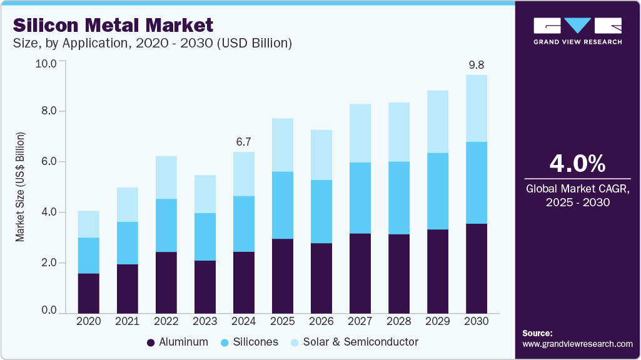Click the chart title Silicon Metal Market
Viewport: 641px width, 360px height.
(x=113, y=25)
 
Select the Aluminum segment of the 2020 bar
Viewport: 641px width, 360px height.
(x=89, y=292)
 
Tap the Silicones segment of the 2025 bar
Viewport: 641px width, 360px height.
(x=283, y=205)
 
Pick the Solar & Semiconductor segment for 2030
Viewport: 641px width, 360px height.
(x=477, y=108)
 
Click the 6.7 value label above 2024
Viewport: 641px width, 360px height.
(x=244, y=141)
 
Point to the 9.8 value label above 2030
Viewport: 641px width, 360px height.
(x=477, y=64)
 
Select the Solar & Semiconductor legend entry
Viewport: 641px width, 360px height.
(x=353, y=342)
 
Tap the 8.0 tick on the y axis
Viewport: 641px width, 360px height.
(x=49, y=111)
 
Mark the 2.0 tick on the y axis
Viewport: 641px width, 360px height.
(x=49, y=262)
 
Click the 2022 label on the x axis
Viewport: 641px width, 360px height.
(x=166, y=321)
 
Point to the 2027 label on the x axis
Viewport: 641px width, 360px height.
(x=360, y=321)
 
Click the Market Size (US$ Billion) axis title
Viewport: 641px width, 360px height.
(x=21, y=187)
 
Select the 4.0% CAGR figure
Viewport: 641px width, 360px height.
(x=577, y=164)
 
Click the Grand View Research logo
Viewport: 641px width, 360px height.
(x=577, y=30)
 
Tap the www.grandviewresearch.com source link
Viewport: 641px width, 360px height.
(x=577, y=344)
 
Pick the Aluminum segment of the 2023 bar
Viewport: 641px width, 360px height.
(x=205, y=286)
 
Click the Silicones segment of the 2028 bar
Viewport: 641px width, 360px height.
(x=399, y=198)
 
